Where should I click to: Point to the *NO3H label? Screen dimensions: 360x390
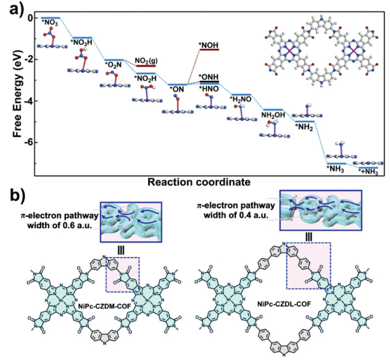pos(82,43)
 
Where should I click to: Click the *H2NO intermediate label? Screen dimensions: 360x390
pos(241,100)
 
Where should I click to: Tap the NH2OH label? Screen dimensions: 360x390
pos(273,115)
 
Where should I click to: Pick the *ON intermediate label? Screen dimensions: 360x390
pos(176,90)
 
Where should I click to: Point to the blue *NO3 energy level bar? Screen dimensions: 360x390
pos(50,18)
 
